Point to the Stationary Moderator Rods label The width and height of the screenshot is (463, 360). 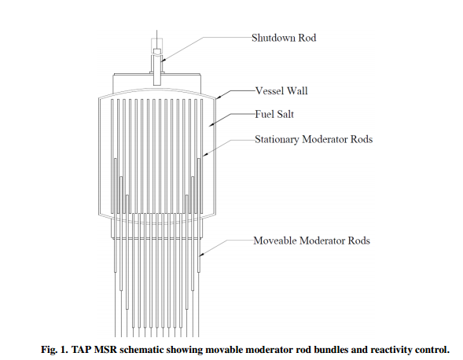pos(312,140)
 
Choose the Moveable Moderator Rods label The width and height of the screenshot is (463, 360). pos(311,240)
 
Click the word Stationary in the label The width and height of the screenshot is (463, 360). pos(277,140)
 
